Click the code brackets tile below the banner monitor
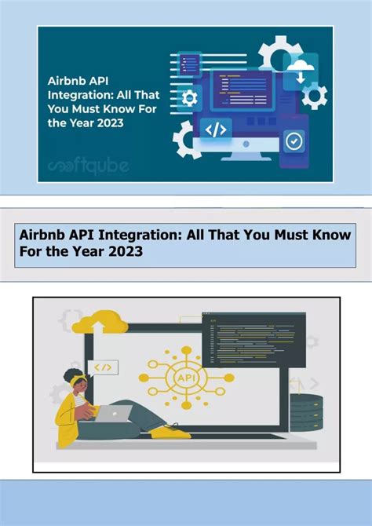216,129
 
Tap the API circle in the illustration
187,379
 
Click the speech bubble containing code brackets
103,367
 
